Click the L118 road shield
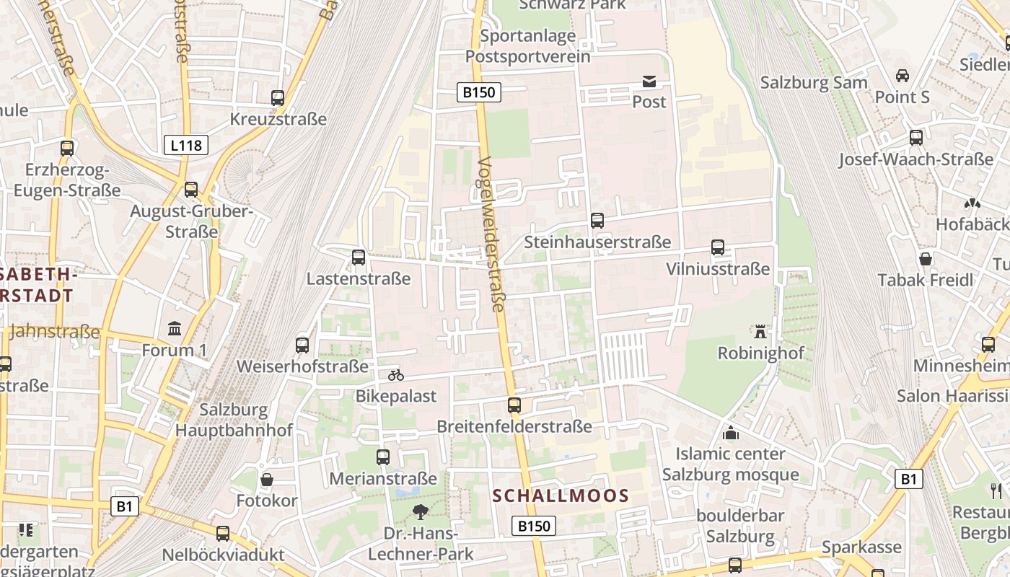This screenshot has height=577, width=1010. click(186, 145)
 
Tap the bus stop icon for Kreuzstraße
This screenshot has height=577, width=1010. click(278, 98)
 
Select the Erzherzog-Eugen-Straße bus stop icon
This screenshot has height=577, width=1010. click(67, 149)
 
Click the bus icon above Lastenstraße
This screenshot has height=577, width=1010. click(359, 257)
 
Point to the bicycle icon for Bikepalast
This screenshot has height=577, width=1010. click(396, 375)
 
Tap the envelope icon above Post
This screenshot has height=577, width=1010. click(649, 82)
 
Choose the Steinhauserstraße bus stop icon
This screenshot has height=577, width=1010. click(597, 221)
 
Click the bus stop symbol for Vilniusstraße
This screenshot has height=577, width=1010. click(718, 248)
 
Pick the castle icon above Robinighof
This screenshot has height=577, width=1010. click(760, 332)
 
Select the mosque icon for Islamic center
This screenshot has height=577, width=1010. click(731, 433)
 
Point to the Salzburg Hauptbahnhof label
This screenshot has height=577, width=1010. click(234, 420)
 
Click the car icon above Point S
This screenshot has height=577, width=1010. click(902, 76)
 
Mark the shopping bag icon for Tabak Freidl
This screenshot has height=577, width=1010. click(926, 259)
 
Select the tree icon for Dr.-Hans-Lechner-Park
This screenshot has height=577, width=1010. click(420, 512)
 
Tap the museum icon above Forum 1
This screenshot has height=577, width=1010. click(174, 329)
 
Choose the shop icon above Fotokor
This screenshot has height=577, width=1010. click(267, 480)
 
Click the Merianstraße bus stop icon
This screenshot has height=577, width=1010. click(383, 457)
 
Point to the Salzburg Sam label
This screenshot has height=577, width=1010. click(814, 82)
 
